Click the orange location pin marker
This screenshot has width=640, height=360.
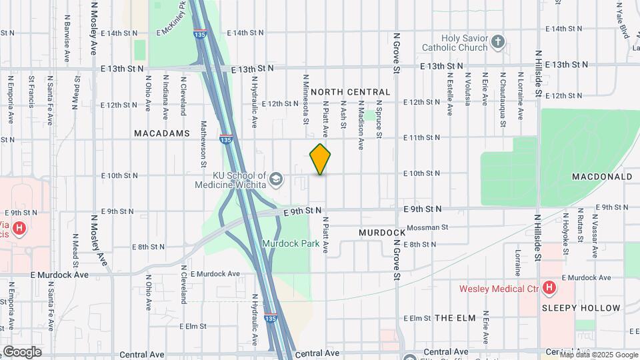(321, 159)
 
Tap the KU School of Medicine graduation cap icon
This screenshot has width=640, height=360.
(276, 180)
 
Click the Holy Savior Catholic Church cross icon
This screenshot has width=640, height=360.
(497, 43)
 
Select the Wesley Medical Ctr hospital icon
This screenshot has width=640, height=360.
(549, 288)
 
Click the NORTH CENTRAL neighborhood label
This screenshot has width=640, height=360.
(350, 92)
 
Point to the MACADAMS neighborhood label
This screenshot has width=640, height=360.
(163, 133)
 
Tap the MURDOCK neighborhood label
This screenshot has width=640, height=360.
(382, 233)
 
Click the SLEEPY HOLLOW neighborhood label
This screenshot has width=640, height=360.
(581, 308)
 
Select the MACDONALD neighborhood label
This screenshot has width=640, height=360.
(602, 177)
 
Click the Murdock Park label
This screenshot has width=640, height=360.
(291, 244)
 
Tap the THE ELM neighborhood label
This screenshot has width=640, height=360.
(455, 318)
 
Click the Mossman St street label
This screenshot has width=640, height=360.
(427, 227)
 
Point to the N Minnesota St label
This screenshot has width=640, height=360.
(306, 99)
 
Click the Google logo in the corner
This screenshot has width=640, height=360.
(22, 351)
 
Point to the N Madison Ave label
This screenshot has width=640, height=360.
(361, 125)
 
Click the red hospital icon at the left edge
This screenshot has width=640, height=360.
(19, 229)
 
